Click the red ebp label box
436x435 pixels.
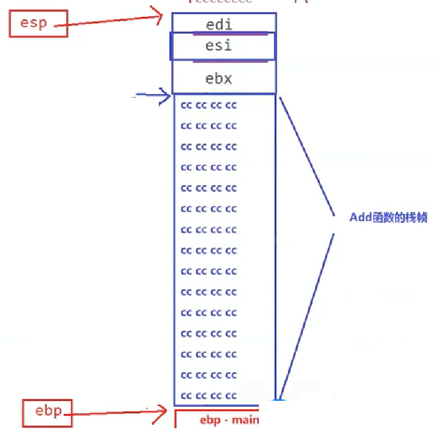48,412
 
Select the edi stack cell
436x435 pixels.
223,24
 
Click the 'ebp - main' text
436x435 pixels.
230,420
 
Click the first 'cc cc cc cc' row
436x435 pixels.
209,106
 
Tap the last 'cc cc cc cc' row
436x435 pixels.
209,395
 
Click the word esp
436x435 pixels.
34,24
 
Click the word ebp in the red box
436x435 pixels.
48,411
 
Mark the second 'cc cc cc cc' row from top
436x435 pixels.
209,126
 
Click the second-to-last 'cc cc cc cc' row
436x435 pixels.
209,375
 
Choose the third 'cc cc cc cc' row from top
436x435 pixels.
209,147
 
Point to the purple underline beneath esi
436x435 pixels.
230,61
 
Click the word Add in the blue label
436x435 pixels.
360,217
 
